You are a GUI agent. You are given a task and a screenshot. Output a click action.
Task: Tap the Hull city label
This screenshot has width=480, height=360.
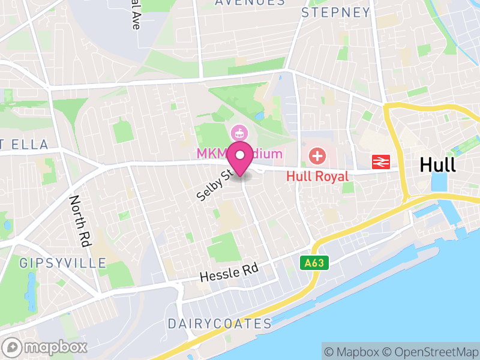(437, 164)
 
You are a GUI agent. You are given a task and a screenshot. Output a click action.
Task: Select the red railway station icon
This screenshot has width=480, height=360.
(381, 161)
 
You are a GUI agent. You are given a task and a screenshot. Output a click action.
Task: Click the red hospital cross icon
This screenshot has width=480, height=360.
(317, 157)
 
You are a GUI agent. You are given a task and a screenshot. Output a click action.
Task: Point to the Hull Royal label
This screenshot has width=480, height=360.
(317, 176)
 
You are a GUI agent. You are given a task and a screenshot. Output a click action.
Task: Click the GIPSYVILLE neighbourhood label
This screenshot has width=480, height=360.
(62, 263)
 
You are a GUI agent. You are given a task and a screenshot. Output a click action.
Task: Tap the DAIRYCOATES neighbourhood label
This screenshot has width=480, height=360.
(220, 324)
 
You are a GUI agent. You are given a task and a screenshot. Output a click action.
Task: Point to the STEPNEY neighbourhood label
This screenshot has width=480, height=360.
(335, 13)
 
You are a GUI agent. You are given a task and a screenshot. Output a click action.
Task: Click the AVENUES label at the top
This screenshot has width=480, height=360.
(249, 2)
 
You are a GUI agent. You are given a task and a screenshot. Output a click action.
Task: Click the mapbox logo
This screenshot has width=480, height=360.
(46, 347)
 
